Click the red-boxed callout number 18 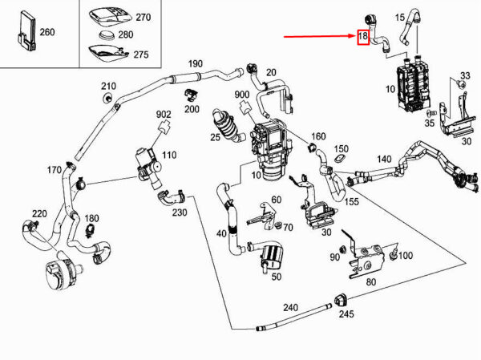[363, 37]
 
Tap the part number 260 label [47, 33]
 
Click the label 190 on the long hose [196, 63]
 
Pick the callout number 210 [108, 86]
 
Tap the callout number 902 [164, 115]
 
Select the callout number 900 [241, 95]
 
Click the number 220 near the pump [39, 213]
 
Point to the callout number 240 [289, 307]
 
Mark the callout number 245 [346, 314]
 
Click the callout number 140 [385, 160]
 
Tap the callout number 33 [463, 75]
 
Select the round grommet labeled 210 [107, 98]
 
